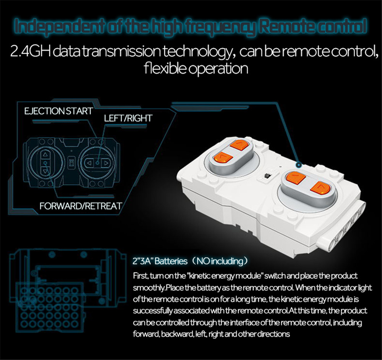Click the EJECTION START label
pyautogui.click(x=58, y=111)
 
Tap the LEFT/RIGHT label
pyautogui.click(x=128, y=118)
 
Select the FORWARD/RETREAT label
pyautogui.click(x=81, y=206)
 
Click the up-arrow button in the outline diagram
pyautogui.click(x=45, y=154)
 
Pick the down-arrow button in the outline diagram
pyautogui.click(x=45, y=171)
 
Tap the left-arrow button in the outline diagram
pyautogui.click(x=89, y=163)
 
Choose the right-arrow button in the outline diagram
pyautogui.click(x=106, y=163)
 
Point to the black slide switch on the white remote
pyautogui.click(x=267, y=175)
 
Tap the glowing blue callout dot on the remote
pyautogui.click(x=299, y=165)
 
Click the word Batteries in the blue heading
pyautogui.click(x=171, y=261)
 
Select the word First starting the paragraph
pyautogui.click(x=140, y=276)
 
